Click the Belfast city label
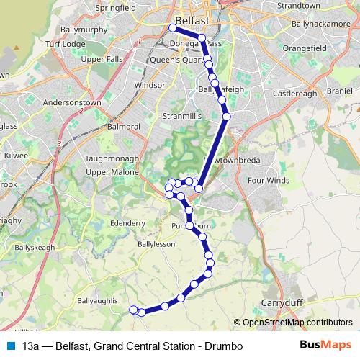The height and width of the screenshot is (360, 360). (x=192, y=21)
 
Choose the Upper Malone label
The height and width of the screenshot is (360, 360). (x=111, y=173)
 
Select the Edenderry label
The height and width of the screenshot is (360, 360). (x=130, y=223)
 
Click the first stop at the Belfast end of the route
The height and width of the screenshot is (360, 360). (x=173, y=28)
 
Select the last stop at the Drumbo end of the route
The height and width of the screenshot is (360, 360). (x=132, y=310)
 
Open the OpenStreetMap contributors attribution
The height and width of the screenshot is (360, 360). (x=297, y=323)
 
